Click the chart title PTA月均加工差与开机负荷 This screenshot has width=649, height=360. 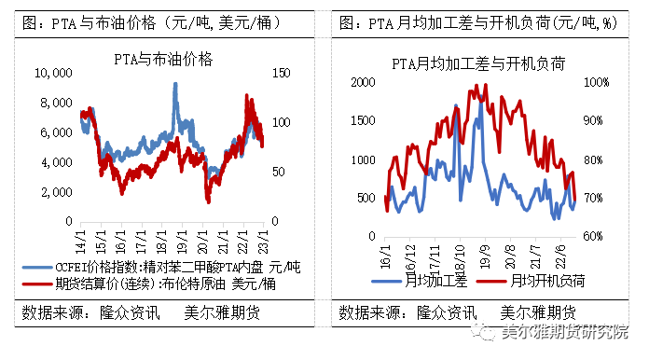point(481,63)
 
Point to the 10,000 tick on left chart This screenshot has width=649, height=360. point(52,73)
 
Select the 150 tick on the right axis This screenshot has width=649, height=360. point(279,73)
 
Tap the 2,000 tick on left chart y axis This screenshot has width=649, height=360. point(55,191)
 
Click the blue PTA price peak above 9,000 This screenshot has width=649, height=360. point(175,86)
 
